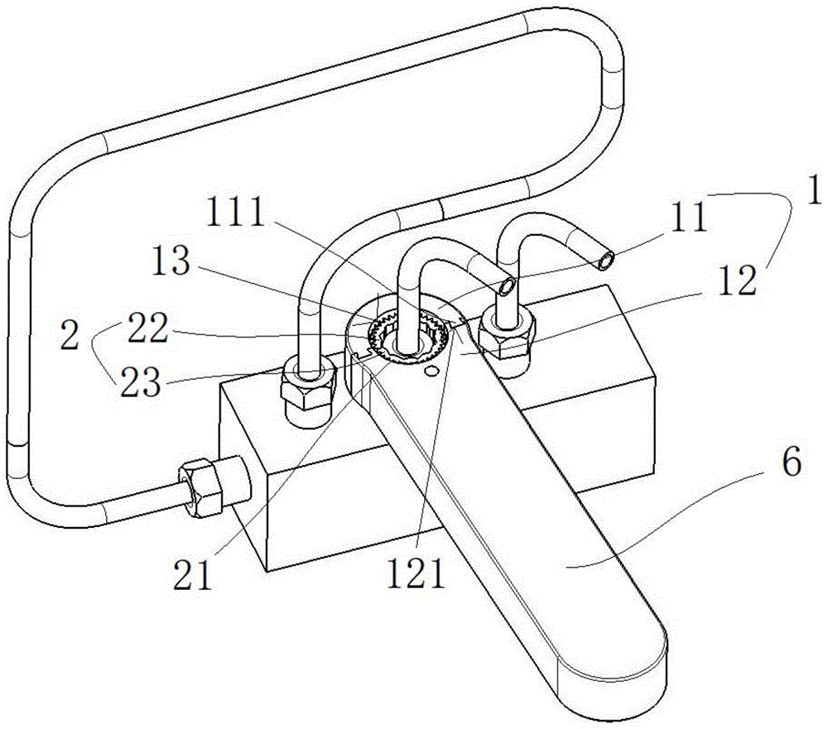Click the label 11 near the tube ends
[x=690, y=217]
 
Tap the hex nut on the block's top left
[x=307, y=385]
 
